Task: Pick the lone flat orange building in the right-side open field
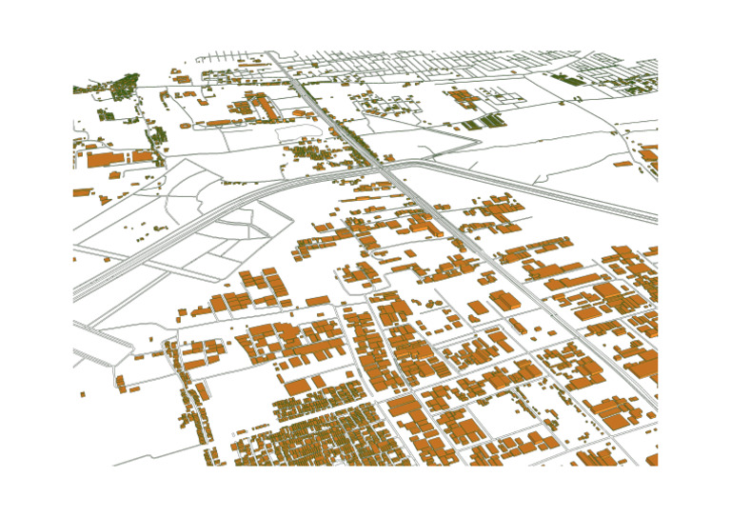coord(623,164)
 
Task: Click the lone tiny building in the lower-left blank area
coord(82,393)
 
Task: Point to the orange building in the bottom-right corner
coord(652,460)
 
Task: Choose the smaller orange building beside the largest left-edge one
coord(143,156)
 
